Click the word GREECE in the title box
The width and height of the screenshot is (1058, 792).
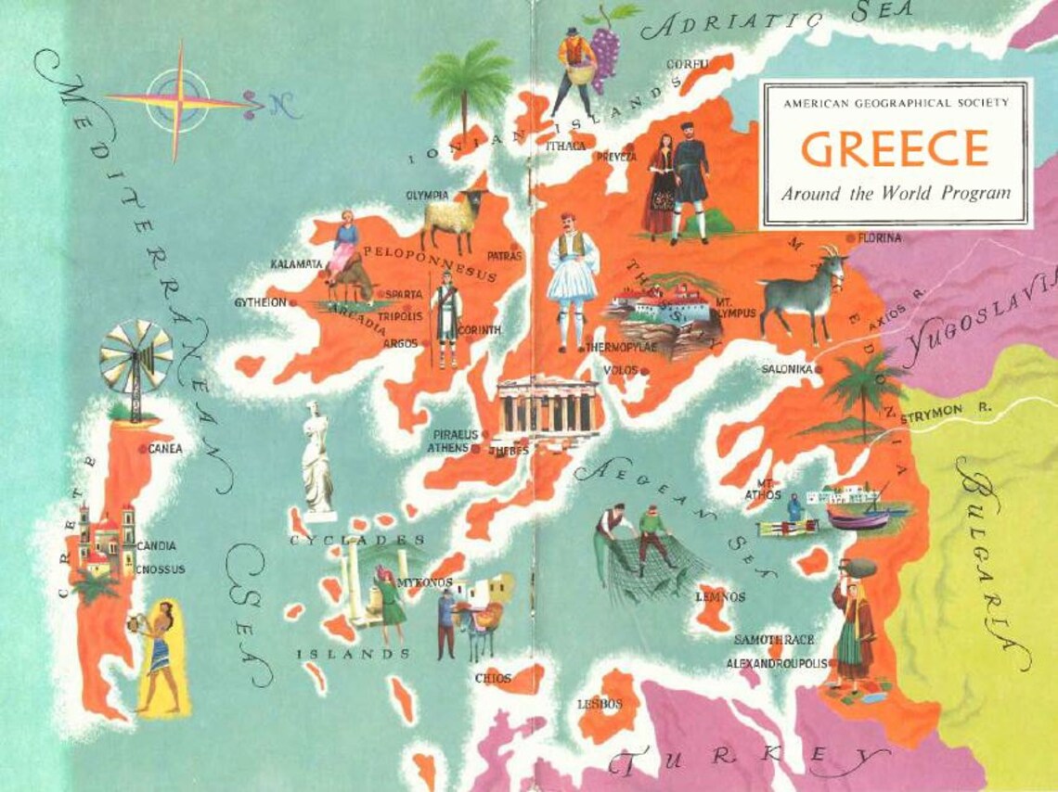(881, 147)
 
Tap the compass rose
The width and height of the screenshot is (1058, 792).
(175, 99)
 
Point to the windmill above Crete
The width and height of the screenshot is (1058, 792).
(135, 357)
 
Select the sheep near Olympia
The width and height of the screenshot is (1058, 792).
(455, 218)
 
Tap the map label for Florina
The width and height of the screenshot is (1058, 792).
(880, 238)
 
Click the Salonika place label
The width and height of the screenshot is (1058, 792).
(787, 369)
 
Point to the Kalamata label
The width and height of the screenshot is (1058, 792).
(296, 264)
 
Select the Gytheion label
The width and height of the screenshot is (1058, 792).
(260, 302)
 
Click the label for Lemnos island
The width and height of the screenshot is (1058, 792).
(720, 597)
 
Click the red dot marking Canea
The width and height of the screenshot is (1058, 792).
(142, 449)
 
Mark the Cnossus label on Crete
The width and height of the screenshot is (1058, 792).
(161, 569)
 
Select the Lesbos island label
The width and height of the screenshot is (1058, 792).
(600, 705)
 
